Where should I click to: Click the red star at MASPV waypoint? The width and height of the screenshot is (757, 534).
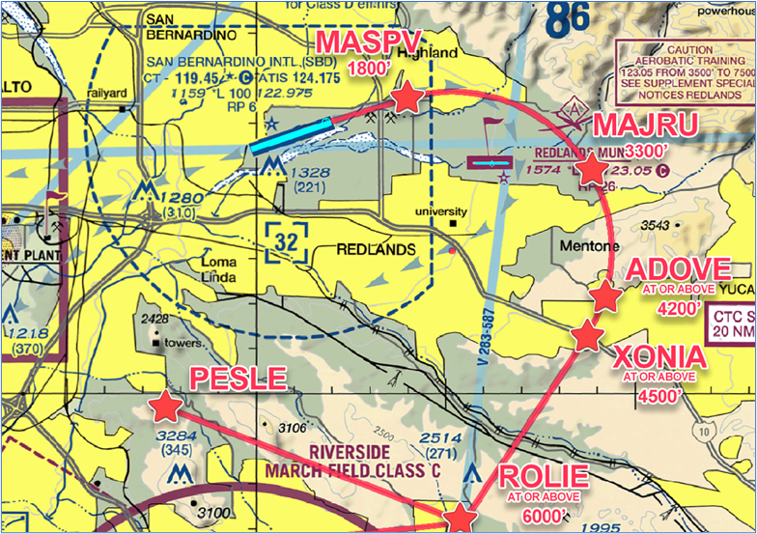pos(407,98)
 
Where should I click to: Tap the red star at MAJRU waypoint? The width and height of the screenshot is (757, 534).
pos(590,170)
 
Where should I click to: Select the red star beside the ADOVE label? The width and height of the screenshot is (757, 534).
pos(604,295)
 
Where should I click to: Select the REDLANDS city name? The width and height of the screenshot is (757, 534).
pos(376,249)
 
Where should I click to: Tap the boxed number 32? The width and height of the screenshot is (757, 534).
pos(287,243)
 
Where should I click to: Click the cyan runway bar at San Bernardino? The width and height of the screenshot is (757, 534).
pos(291,136)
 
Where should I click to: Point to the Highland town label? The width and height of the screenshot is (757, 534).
pos(427,53)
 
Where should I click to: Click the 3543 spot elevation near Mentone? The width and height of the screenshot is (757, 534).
pos(652,225)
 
